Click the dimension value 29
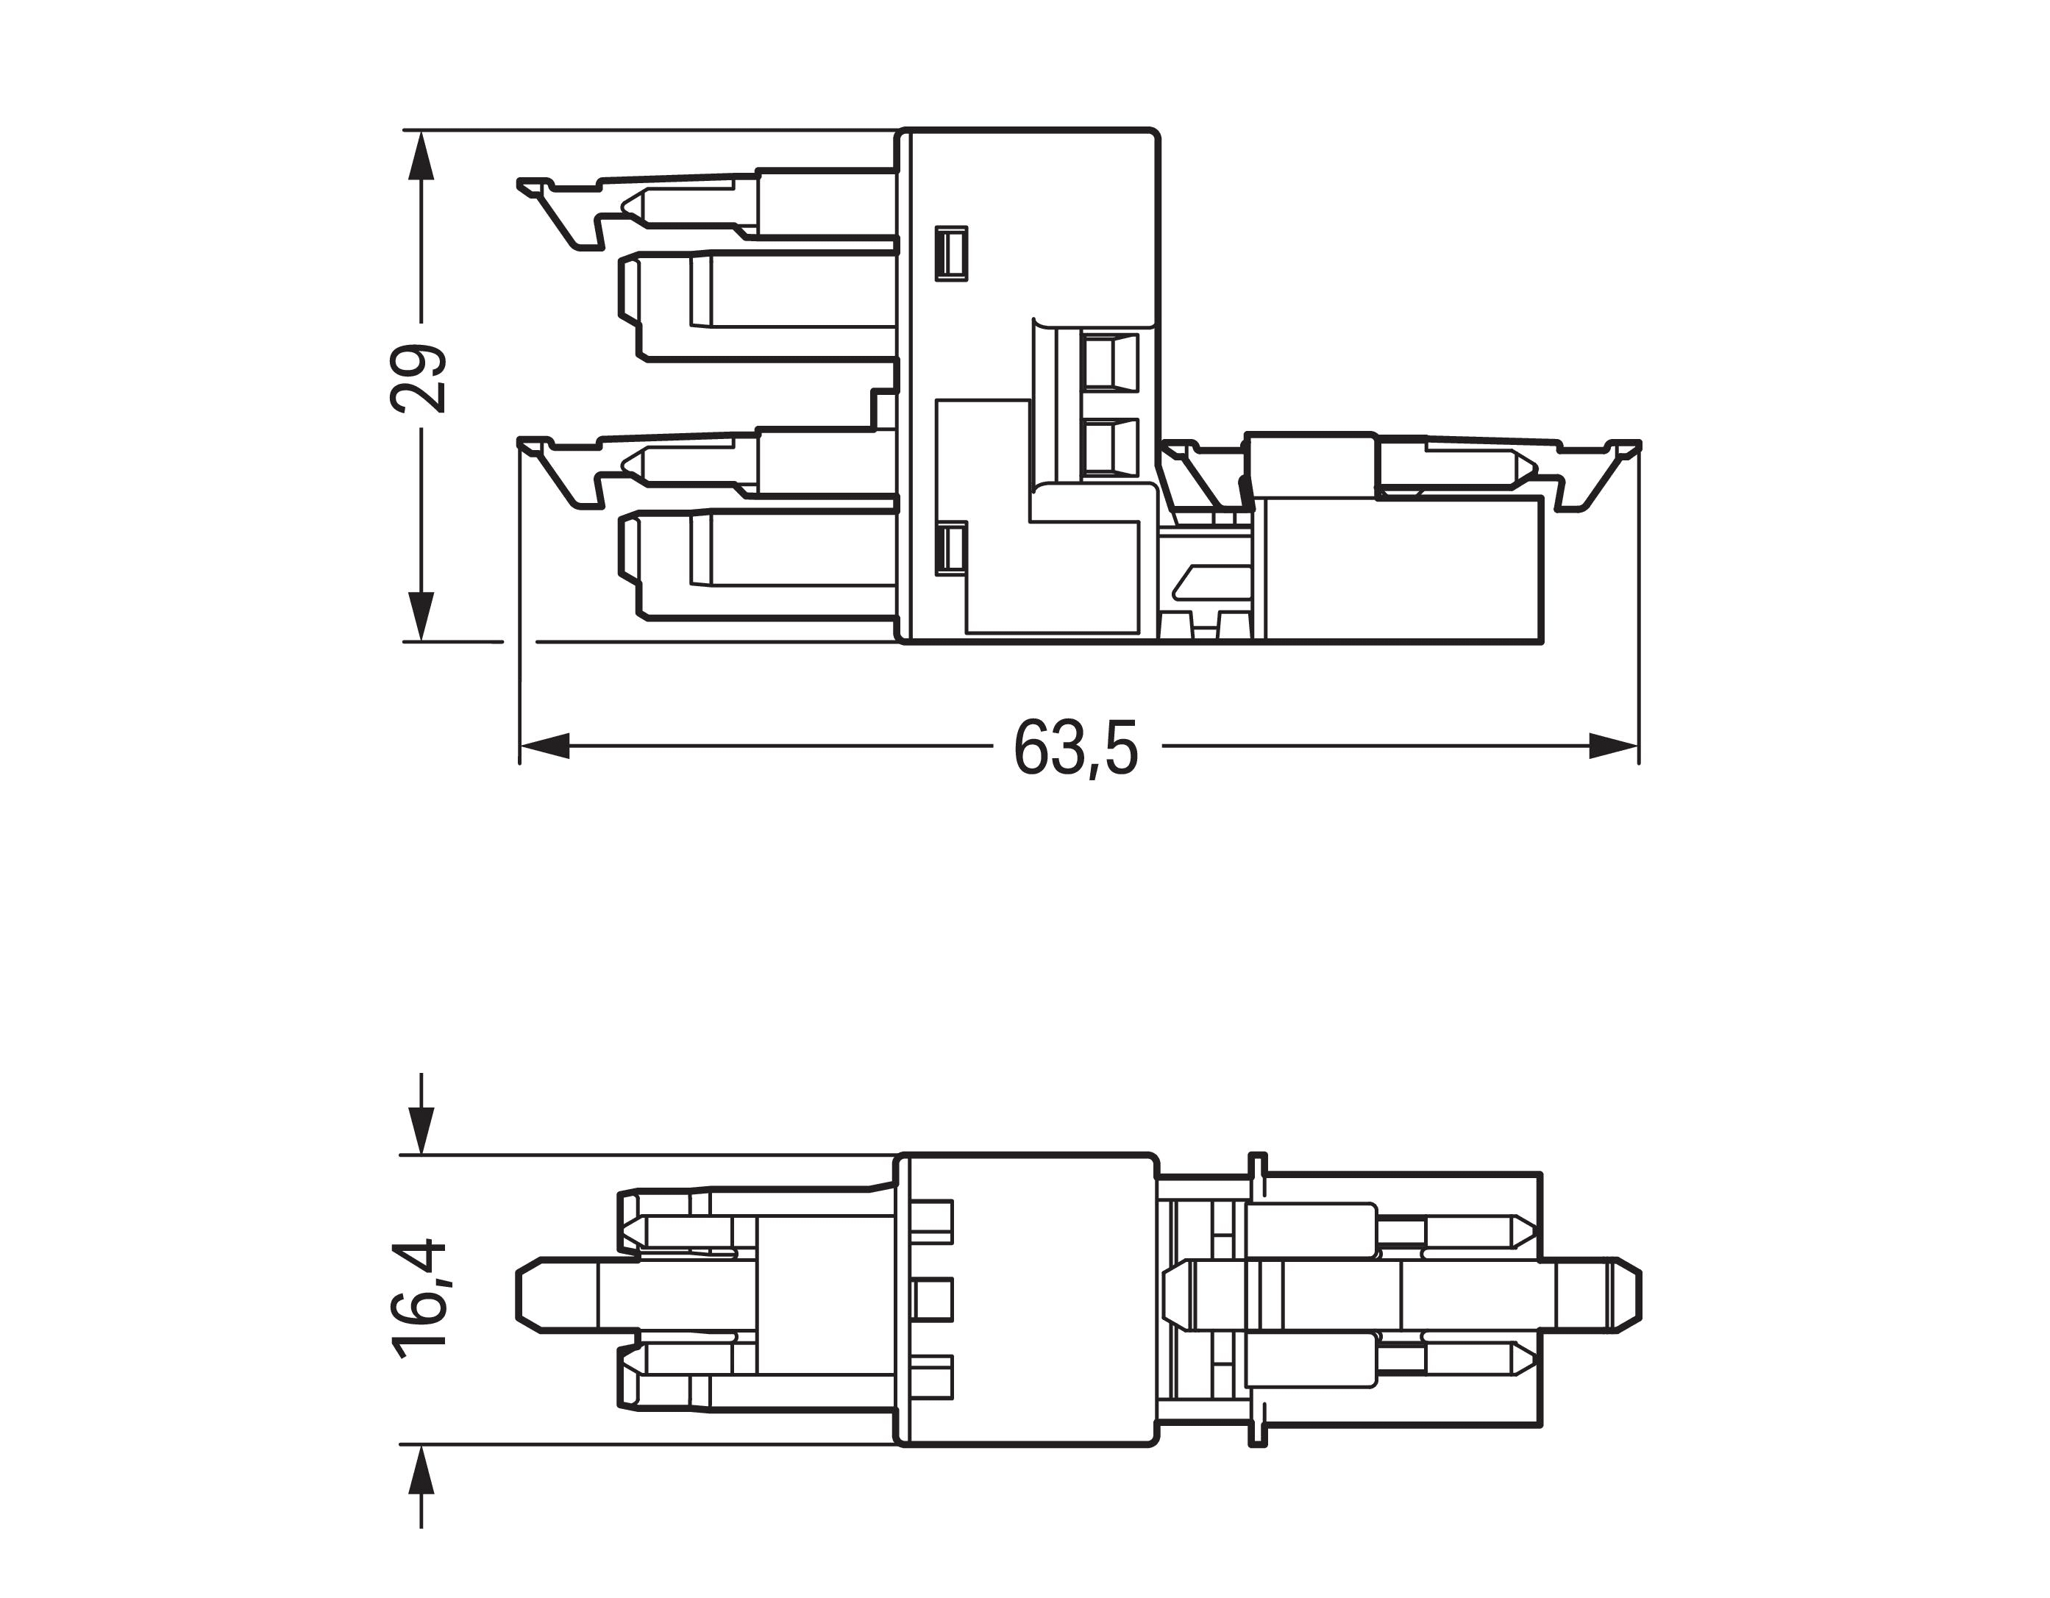[419, 378]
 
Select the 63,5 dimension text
[1075, 749]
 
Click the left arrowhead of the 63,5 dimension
[544, 747]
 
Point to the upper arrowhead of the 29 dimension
[421, 155]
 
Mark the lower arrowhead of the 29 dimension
[421, 616]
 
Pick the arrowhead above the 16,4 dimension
[421, 1129]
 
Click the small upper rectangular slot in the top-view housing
[952, 254]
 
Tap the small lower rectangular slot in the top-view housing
[952, 548]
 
